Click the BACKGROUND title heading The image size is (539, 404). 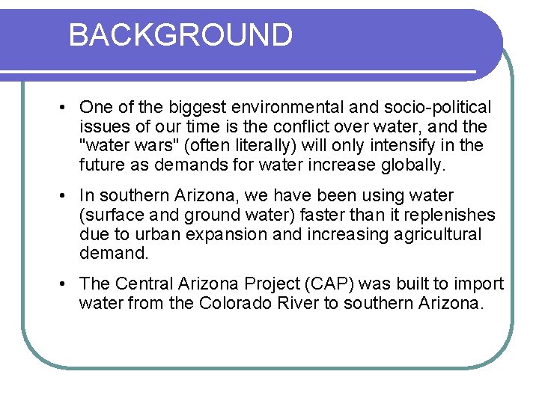[x=180, y=35]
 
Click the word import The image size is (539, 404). [x=479, y=284]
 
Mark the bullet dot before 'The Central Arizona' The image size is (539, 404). [x=65, y=285]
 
